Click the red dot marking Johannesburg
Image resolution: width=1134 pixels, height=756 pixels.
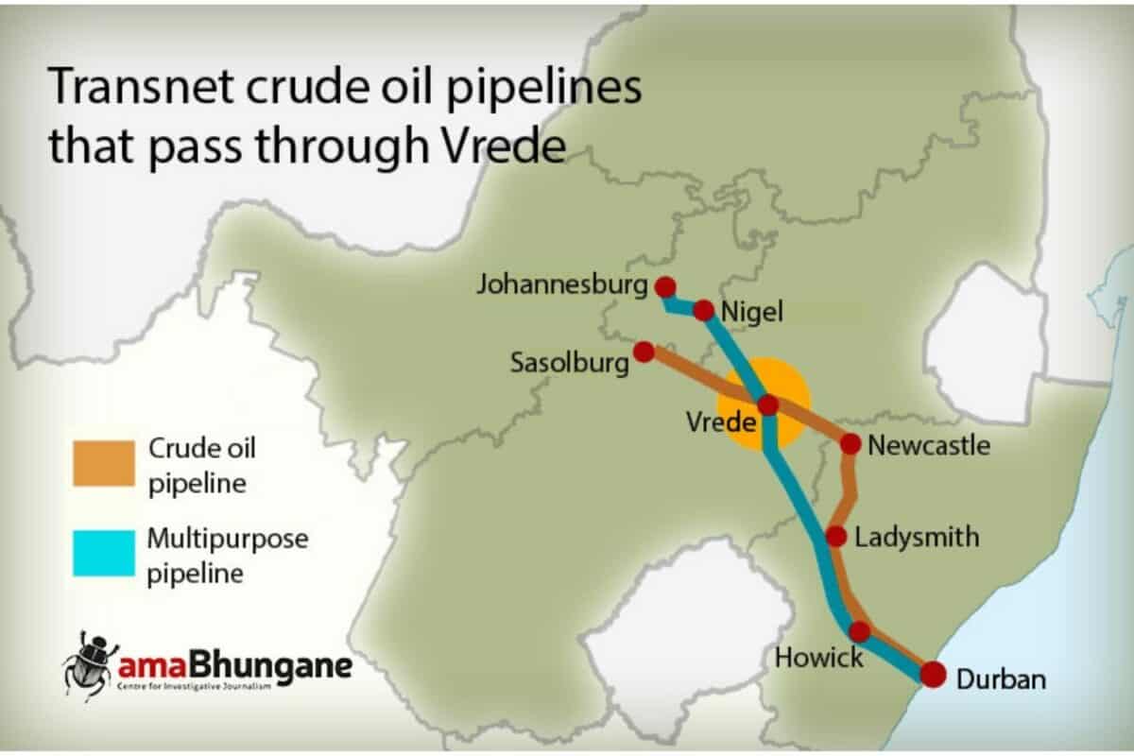[665, 286]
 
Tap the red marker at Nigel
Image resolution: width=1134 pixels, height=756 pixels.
[704, 310]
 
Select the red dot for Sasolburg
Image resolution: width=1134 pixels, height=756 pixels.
[644, 352]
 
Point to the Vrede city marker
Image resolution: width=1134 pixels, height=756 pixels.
[767, 405]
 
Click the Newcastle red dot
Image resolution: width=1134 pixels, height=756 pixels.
[850, 443]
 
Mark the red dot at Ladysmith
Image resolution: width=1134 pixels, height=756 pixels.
[835, 537]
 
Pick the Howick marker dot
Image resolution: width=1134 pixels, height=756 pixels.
[859, 631]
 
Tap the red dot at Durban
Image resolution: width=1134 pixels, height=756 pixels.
[933, 675]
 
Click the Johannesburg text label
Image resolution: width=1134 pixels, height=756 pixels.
[563, 283]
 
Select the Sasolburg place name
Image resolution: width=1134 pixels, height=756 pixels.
[569, 363]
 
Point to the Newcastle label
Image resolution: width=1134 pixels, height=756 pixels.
[929, 445]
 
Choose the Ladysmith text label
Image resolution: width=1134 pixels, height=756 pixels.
[916, 538]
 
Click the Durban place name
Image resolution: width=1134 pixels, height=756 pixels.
[1001, 679]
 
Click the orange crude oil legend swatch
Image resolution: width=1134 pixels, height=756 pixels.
[103, 463]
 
